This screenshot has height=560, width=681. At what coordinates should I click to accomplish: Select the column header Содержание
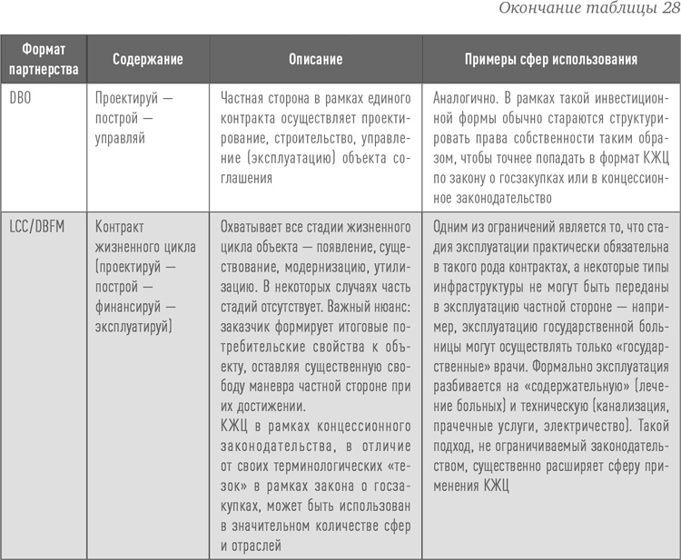tap(148, 59)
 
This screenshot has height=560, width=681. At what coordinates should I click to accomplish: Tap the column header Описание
tap(315, 59)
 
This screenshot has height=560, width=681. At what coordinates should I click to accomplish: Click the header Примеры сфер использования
tap(551, 59)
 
